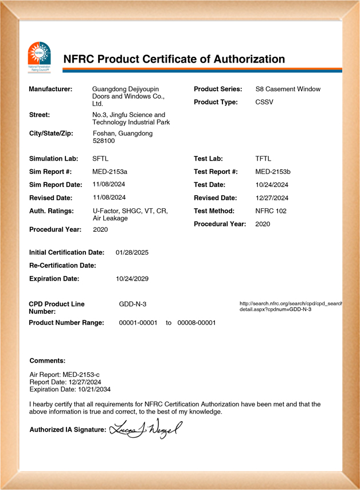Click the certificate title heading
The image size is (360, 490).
174,59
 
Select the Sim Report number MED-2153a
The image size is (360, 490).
109,172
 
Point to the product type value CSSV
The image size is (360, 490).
264,102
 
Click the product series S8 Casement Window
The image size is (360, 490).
288,89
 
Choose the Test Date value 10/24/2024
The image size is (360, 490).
272,185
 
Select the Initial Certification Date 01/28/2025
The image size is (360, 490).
132,252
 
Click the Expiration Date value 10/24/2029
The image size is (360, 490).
132,279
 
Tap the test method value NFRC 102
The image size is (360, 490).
271,211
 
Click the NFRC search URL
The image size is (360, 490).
291,306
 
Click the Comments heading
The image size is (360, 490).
48,361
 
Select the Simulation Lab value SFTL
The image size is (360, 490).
100,158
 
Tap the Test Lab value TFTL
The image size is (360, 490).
264,158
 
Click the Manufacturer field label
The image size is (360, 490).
50,89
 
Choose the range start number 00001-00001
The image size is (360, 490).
138,322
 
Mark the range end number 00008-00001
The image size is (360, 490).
197,322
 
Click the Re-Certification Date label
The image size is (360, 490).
62,266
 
